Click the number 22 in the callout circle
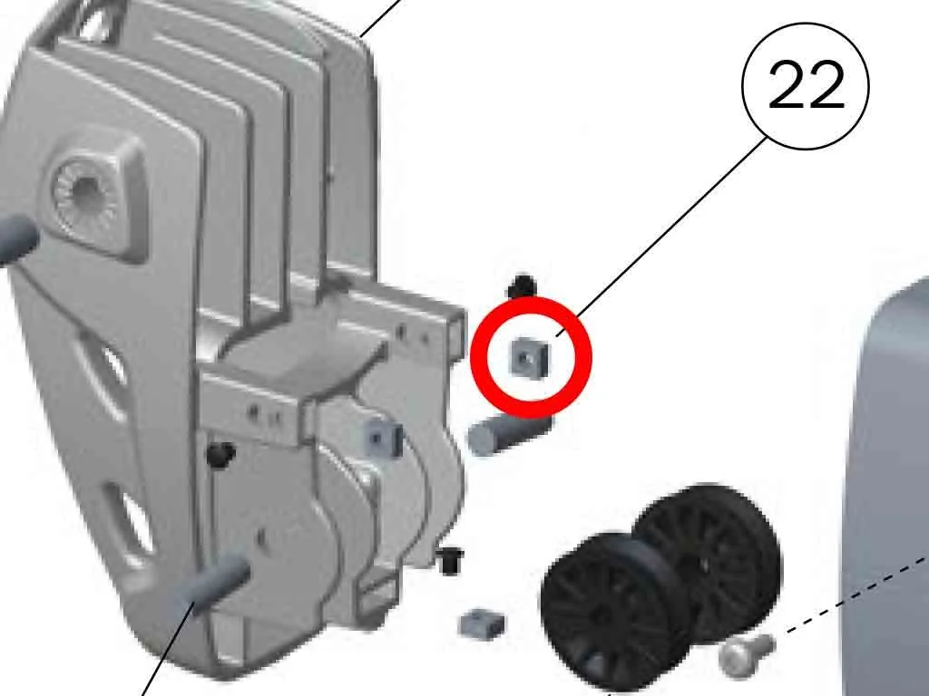[806, 84]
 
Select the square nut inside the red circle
[529, 356]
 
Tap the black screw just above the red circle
[522, 286]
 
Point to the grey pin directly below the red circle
[508, 435]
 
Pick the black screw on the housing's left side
[220, 455]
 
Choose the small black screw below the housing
[450, 560]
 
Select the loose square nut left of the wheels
[482, 623]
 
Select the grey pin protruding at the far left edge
[16, 237]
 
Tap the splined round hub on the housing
[83, 189]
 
